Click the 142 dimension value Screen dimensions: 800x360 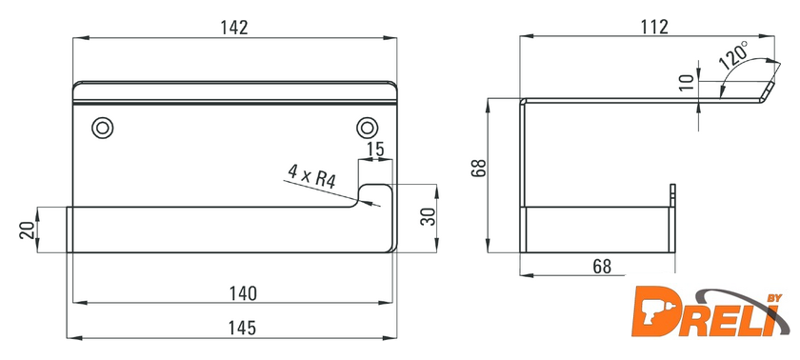tap(234, 27)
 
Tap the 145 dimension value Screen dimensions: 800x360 tap(242, 328)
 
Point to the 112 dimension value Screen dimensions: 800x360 tap(654, 27)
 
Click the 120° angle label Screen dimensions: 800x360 tap(733, 55)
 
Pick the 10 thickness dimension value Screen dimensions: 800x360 tap(688, 82)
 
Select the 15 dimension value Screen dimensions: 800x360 tap(375, 150)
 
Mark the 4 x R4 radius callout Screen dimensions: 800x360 tap(311, 176)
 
